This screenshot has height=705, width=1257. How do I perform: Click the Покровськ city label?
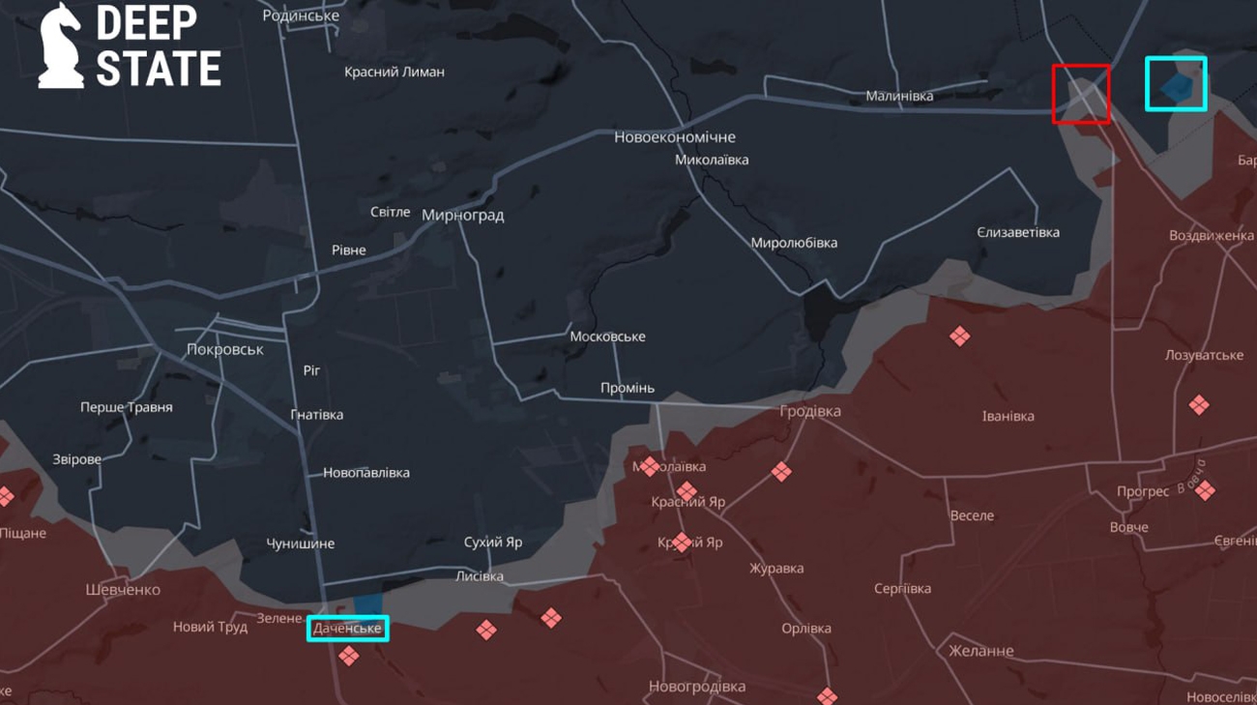(x=224, y=349)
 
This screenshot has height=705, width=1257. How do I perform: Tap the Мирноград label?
(x=462, y=215)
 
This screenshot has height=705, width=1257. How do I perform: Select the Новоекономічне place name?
(x=674, y=137)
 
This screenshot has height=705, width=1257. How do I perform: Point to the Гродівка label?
(x=810, y=411)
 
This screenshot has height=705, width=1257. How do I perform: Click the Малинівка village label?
(x=899, y=96)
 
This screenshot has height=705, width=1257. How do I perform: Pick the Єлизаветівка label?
(x=1017, y=232)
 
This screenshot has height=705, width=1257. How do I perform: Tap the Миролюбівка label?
(x=794, y=243)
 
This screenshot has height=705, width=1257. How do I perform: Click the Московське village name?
(x=607, y=337)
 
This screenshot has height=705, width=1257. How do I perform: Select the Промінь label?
(x=627, y=388)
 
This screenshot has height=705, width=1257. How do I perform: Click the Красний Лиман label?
(x=395, y=72)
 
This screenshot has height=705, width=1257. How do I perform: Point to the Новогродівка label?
(x=696, y=687)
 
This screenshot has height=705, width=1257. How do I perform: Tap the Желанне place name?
(x=980, y=651)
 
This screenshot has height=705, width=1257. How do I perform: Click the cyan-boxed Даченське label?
(x=348, y=629)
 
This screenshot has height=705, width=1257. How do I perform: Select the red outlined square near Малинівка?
(x=1080, y=94)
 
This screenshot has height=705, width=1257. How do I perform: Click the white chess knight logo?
(x=61, y=45)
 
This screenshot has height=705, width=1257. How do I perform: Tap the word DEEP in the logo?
(x=146, y=23)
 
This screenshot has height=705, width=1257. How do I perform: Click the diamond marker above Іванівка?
(x=959, y=337)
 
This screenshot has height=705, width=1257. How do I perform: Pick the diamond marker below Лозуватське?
(x=1199, y=405)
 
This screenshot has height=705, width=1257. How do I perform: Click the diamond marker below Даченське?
(x=349, y=656)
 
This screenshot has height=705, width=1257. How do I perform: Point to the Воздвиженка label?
(x=1211, y=236)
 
